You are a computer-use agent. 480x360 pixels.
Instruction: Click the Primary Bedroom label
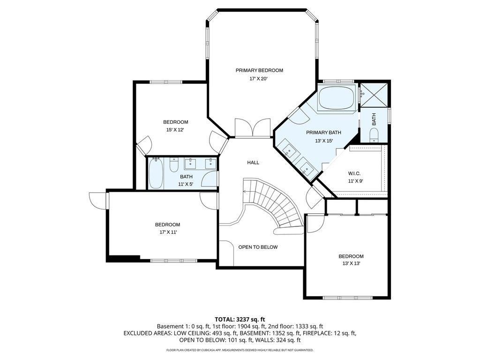(x=259, y=70)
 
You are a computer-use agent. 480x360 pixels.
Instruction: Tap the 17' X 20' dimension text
(x=259, y=79)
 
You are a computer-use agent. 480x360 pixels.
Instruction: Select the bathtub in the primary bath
(x=336, y=97)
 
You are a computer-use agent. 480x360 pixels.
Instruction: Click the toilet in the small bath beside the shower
(x=374, y=135)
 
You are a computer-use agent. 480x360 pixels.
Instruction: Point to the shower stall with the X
(x=374, y=95)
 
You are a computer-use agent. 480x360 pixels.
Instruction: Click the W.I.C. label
(x=354, y=173)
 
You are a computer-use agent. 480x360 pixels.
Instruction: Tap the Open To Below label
(x=258, y=247)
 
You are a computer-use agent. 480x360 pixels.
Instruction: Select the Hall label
(x=253, y=163)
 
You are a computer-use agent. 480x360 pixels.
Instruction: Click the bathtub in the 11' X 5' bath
(x=156, y=173)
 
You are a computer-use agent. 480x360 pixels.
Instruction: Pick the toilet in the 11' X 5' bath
(x=174, y=165)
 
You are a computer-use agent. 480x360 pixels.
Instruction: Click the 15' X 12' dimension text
(x=175, y=130)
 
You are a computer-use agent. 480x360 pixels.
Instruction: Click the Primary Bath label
(x=323, y=133)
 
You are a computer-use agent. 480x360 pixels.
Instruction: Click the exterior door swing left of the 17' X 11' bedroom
(x=97, y=201)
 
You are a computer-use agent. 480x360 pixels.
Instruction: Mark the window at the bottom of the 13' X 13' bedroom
(x=347, y=298)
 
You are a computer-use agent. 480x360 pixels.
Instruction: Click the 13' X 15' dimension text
(x=323, y=141)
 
